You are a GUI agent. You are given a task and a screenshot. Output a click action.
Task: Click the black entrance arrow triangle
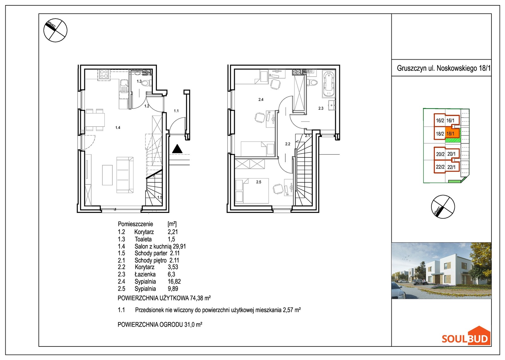[x=177, y=149]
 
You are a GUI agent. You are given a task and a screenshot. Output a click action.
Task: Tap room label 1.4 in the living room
[x=118, y=127]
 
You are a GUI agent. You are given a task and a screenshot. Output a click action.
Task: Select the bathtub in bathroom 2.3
[x=329, y=84]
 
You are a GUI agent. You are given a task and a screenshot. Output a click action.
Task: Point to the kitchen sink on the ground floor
[x=123, y=86]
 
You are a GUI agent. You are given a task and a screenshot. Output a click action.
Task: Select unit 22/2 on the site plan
[x=440, y=167]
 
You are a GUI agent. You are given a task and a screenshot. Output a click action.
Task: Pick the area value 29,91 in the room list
[x=179, y=246]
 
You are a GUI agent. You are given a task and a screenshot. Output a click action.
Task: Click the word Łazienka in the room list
[x=145, y=274]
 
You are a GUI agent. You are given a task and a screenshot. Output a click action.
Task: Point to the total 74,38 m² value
[x=200, y=298]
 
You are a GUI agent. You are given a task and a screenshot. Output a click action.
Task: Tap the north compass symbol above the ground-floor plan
[x=55, y=30]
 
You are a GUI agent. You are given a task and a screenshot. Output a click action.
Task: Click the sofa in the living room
[x=125, y=175]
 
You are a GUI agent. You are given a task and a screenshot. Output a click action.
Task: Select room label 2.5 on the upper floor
[x=258, y=182]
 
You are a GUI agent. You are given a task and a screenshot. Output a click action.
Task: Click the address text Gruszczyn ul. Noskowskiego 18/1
[x=443, y=68]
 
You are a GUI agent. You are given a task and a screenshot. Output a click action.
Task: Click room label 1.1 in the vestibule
[x=176, y=111]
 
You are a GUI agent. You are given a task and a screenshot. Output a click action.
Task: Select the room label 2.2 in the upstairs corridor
[x=288, y=144]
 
